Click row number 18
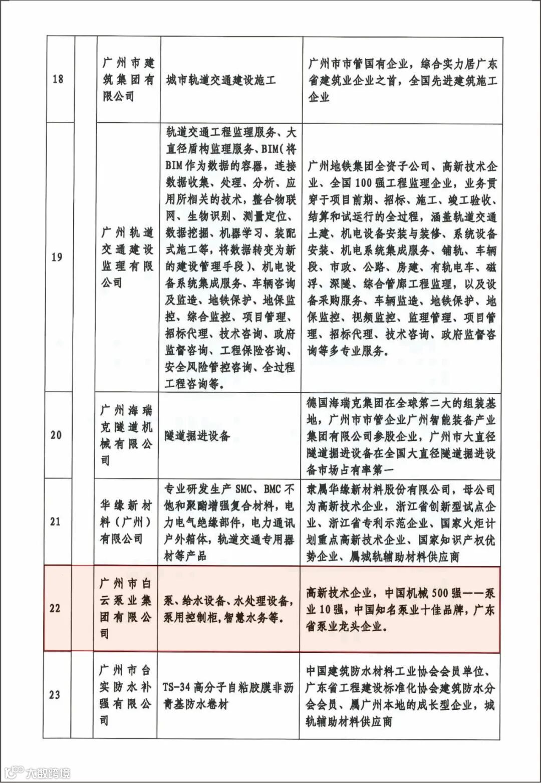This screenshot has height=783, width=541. [x=58, y=79]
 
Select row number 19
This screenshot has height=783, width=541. [x=58, y=257]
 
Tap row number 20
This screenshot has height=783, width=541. [x=56, y=435]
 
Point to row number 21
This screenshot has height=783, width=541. [x=56, y=521]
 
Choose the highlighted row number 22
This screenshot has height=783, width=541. [x=55, y=609]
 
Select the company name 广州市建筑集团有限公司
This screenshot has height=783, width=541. [x=128, y=79]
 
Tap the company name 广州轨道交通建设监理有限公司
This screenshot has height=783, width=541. [x=127, y=257]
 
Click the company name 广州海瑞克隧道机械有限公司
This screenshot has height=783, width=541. [x=126, y=435]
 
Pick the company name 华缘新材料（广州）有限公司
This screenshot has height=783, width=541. [x=125, y=521]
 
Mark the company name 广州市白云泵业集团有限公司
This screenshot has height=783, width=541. [x=125, y=609]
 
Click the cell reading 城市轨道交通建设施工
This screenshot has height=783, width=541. [x=221, y=80]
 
